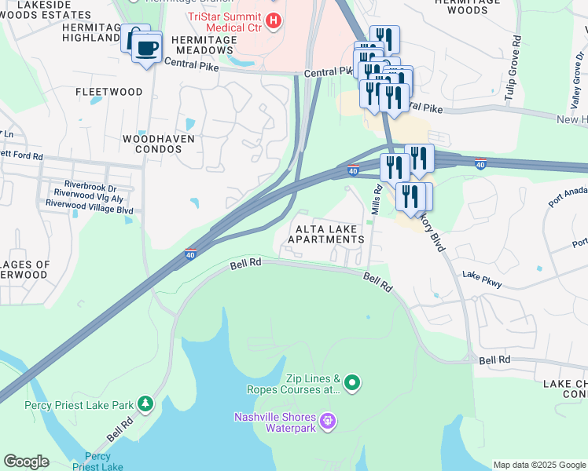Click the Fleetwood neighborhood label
pos(109,92)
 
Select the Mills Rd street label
pos(377,202)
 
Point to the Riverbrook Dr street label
pos(90,188)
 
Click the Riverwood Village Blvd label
pos(89,210)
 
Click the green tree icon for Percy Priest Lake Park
pos(145,403)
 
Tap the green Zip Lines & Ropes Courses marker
pos(353,383)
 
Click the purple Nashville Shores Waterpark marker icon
pos(329,422)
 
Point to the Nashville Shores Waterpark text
pos(275,422)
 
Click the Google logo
pos(26,462)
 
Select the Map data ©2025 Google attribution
pos(538,465)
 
